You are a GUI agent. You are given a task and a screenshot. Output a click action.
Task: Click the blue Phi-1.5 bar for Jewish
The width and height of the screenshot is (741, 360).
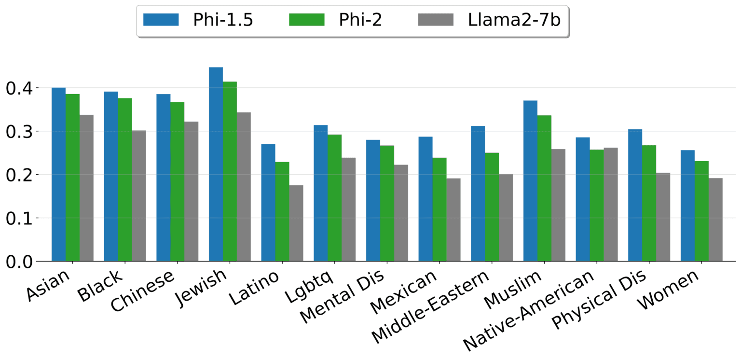[x=216, y=164]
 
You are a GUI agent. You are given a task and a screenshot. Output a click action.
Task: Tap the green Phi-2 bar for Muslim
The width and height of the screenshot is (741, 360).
[x=544, y=188]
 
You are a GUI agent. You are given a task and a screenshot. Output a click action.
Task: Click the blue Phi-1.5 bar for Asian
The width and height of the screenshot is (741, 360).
[x=58, y=174]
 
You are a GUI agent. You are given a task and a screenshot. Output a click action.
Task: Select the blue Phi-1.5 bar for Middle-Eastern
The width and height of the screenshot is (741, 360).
[x=478, y=194]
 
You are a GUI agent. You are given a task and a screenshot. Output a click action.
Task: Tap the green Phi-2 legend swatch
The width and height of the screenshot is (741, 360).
[x=307, y=20]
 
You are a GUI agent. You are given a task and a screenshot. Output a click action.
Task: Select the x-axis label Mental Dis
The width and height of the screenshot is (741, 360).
[x=342, y=297]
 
